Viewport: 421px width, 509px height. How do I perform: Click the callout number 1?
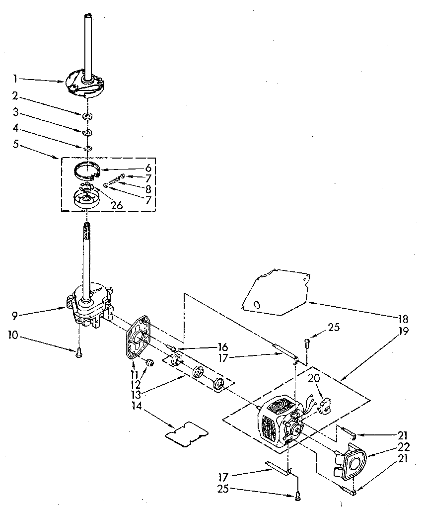[15, 78]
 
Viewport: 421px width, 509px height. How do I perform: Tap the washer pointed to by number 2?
[87, 116]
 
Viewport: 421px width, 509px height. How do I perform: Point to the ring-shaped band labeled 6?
[87, 169]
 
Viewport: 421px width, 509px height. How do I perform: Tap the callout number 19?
[404, 332]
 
